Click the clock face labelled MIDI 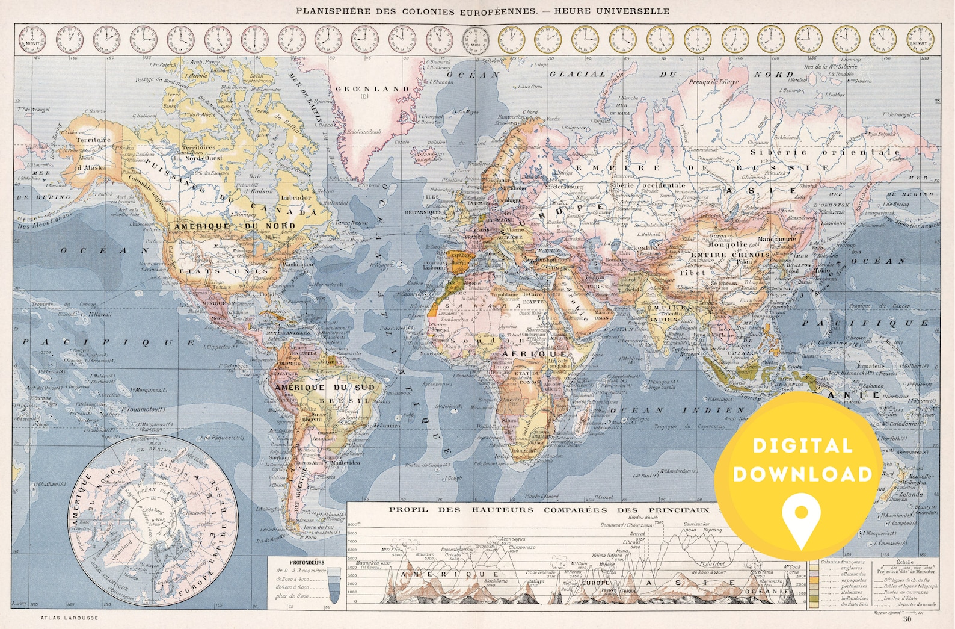pos(475,39)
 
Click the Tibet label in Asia pos(692,273)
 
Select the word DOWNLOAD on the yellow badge pos(802,474)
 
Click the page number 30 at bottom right pos(907,618)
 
